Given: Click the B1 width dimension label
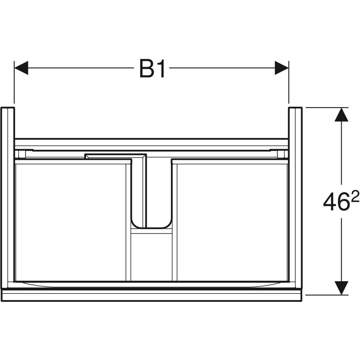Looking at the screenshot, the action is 152,69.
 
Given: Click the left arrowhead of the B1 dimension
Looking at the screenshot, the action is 21,68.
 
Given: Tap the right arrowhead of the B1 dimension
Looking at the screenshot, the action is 281,68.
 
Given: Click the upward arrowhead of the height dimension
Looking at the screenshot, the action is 341,115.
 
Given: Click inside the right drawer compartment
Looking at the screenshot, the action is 232,223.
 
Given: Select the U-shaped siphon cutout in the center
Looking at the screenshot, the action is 151,227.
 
